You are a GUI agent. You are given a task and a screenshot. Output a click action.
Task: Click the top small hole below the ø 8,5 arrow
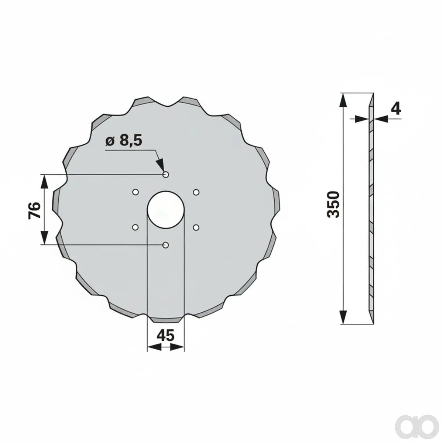coord(165,175)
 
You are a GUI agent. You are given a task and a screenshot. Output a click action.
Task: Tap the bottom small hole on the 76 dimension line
coord(165,245)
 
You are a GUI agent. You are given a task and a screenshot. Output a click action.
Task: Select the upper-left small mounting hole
coord(135,192)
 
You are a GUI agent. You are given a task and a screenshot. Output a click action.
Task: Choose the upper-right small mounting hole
coord(196,192)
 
